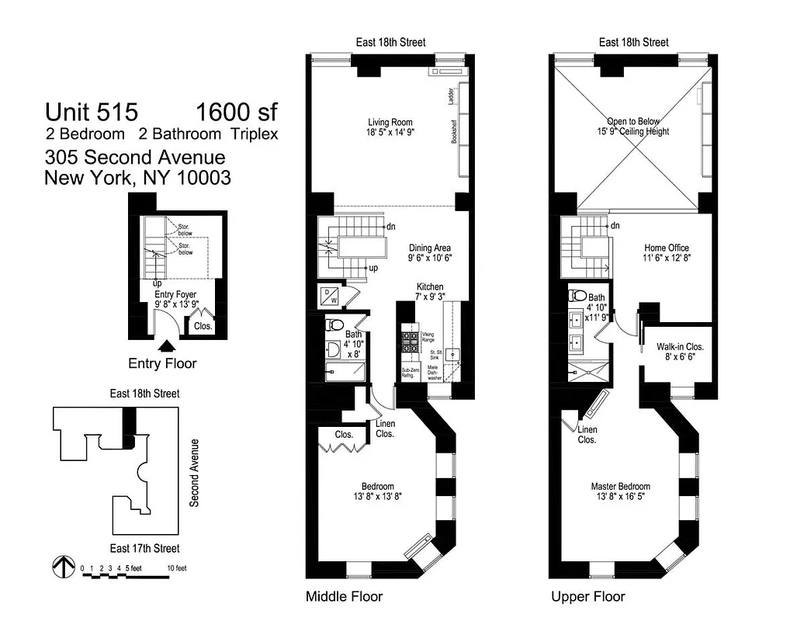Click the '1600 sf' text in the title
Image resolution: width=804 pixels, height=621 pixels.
pyautogui.click(x=236, y=113)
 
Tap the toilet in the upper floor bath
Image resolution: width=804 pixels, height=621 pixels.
pyautogui.click(x=576, y=296)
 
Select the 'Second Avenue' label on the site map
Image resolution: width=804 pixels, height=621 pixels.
pyautogui.click(x=195, y=473)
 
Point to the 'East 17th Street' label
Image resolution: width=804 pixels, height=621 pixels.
pyautogui.click(x=144, y=548)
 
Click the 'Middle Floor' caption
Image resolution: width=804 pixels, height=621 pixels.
pyautogui.click(x=345, y=597)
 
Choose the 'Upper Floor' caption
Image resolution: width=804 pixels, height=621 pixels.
pyautogui.click(x=587, y=597)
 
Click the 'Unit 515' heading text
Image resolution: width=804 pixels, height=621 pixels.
pyautogui.click(x=91, y=113)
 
